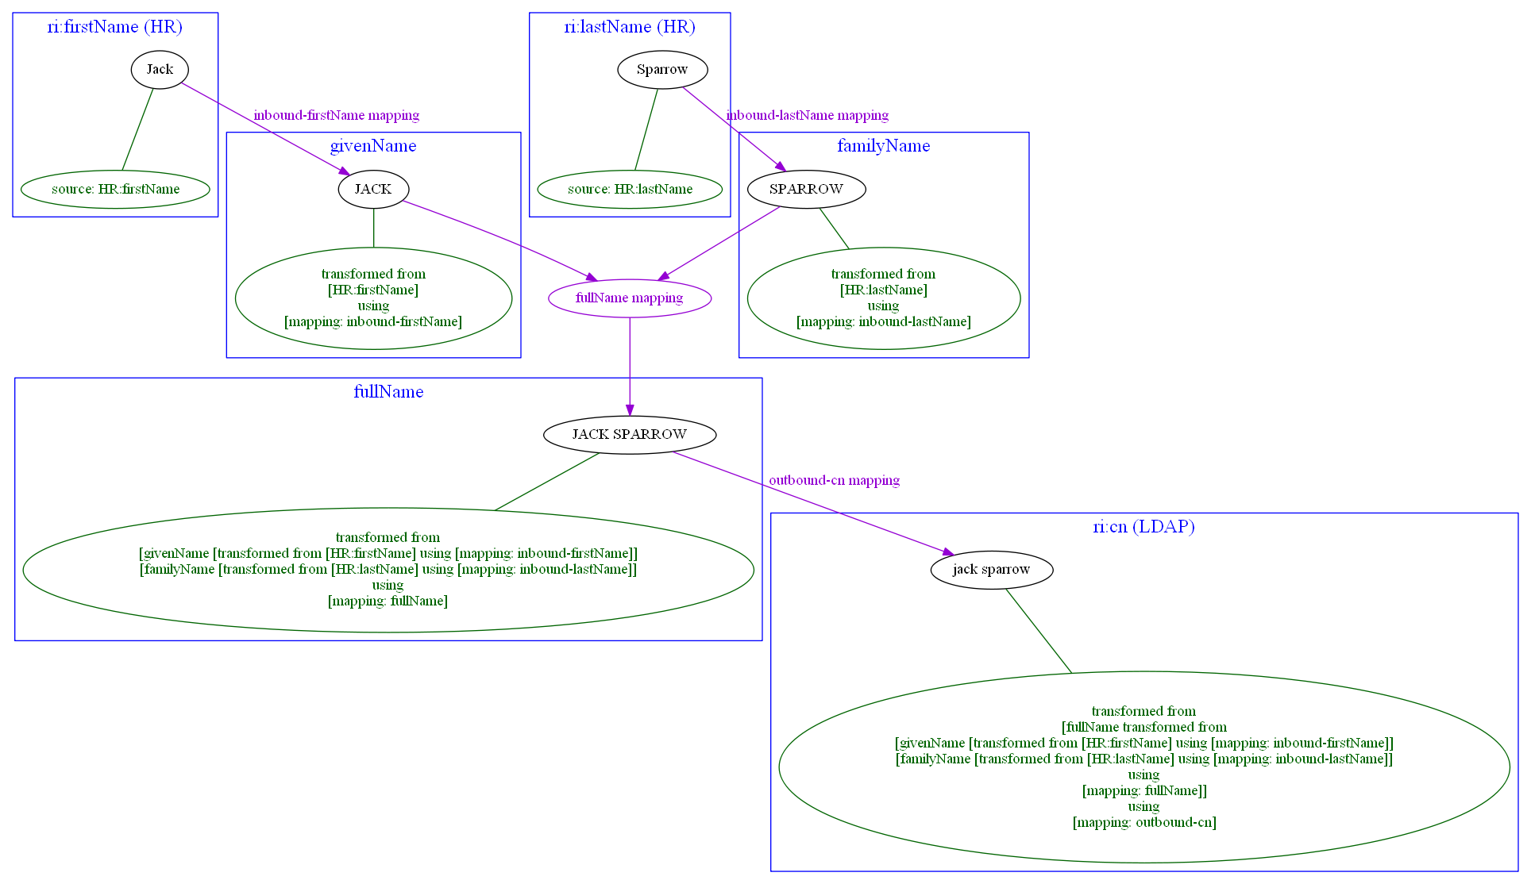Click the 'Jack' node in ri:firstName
click(x=160, y=70)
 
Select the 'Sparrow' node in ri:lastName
click(x=662, y=70)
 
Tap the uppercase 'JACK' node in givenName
click(x=373, y=190)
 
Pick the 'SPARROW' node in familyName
click(x=806, y=190)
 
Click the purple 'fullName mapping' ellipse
click(x=630, y=298)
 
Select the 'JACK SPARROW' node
click(x=630, y=435)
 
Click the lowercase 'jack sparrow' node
click(x=991, y=570)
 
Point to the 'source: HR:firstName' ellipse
click(x=115, y=190)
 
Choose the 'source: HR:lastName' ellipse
click(x=630, y=190)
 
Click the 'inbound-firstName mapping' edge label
click(x=336, y=116)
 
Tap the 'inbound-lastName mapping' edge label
click(x=807, y=116)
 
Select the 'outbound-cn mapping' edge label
click(x=834, y=481)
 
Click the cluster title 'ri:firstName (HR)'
click(x=115, y=27)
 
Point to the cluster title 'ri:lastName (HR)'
click(x=630, y=27)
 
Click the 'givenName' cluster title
click(x=373, y=146)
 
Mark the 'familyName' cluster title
click(x=883, y=146)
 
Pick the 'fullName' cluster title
click(x=388, y=392)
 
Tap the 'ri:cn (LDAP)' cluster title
click(x=1143, y=527)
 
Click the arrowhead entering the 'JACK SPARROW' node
click(x=630, y=410)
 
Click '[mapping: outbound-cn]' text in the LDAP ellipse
click(x=1143, y=823)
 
